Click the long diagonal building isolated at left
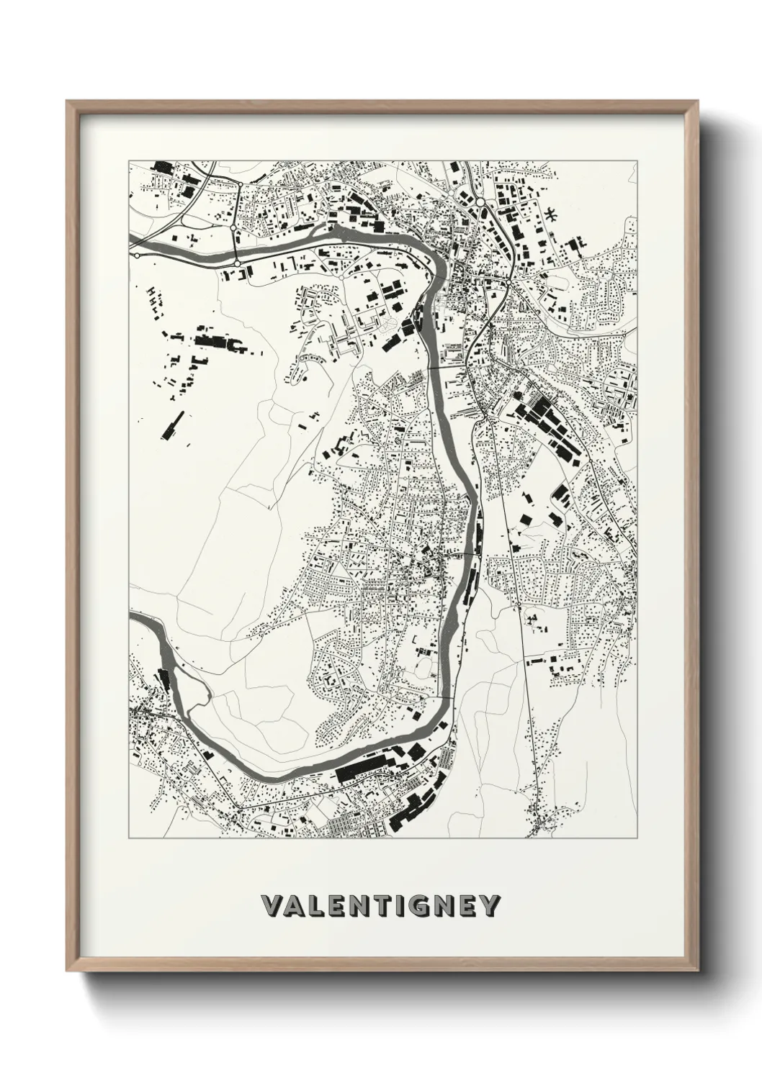coord(172,425)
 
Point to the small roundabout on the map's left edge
coord(136,255)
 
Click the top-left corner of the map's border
coord(129,160)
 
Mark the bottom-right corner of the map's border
coord(637,839)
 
